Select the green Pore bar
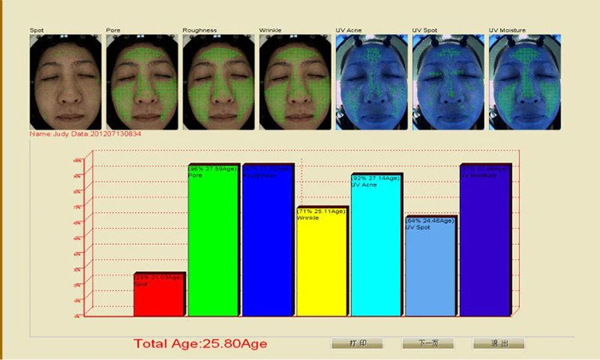click(x=214, y=240)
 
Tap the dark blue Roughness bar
click(x=268, y=240)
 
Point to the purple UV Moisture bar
click(x=485, y=240)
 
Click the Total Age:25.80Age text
click(x=200, y=344)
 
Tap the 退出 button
click(x=498, y=343)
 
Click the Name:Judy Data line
click(x=86, y=133)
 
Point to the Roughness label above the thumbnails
click(x=199, y=30)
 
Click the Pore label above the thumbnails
click(x=114, y=30)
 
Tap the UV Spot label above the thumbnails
click(x=427, y=30)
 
